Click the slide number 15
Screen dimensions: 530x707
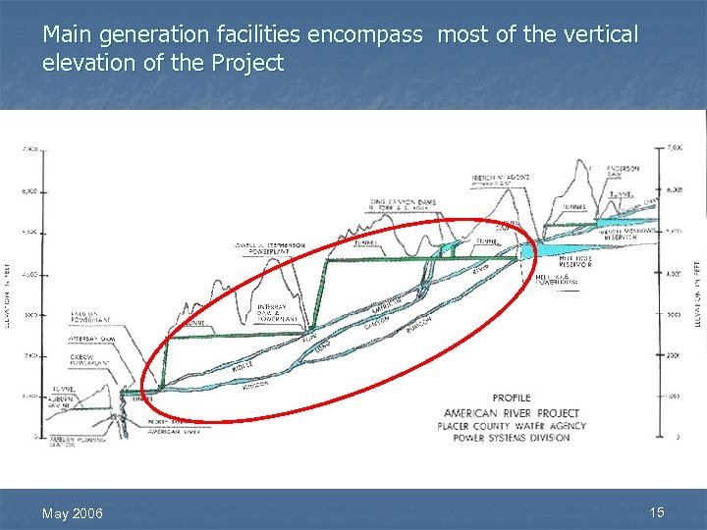(657, 511)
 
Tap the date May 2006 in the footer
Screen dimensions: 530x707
(71, 513)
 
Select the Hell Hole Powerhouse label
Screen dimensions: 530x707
(557, 280)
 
